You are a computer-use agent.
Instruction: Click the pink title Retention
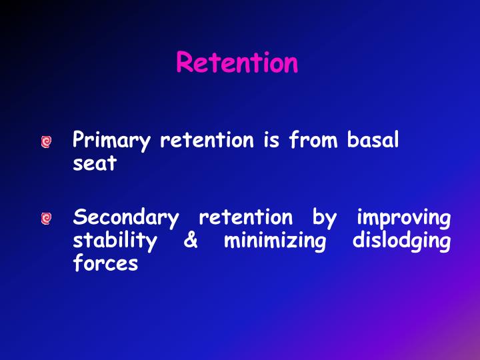[x=237, y=63]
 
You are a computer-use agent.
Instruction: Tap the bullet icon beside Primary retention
[x=45, y=142]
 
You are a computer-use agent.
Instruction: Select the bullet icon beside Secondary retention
[x=45, y=219]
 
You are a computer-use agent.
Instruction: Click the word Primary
[x=106, y=141]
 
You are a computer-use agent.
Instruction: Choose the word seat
[x=94, y=164]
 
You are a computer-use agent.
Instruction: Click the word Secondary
[x=126, y=218]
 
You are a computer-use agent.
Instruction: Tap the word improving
[x=403, y=218]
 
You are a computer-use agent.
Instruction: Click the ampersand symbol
[x=190, y=240]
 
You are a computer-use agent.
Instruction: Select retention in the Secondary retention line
[x=245, y=217]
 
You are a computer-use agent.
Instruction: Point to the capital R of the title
[x=185, y=63]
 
